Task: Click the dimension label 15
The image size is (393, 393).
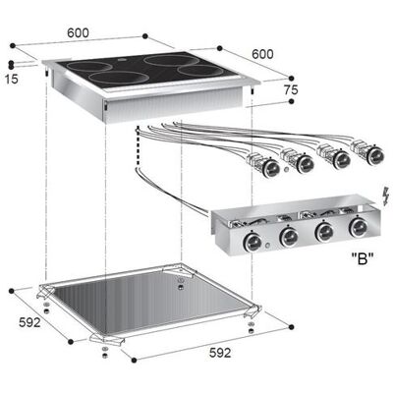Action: coord(12,79)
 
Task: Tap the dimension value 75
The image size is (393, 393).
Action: coord(291,89)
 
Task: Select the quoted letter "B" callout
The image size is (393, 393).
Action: coord(363,259)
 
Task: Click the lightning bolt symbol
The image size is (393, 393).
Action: coord(386,196)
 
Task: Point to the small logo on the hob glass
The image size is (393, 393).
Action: coord(120,60)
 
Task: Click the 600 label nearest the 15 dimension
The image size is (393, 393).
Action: coord(78,33)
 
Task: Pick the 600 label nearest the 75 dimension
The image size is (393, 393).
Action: coord(262,54)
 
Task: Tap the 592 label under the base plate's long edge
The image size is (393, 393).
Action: coord(220,353)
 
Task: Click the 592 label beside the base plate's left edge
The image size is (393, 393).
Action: coord(29,322)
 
